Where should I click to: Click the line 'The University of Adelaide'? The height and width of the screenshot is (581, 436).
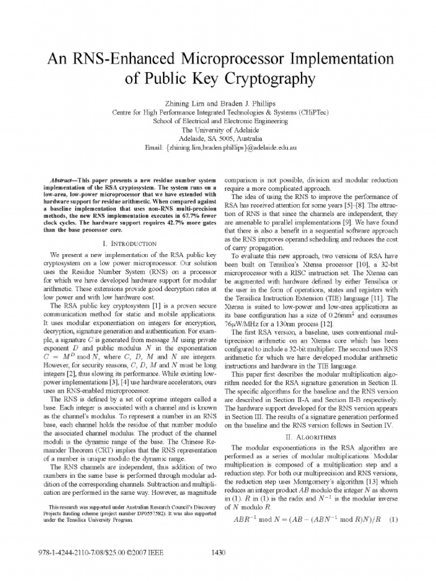pos(217,129)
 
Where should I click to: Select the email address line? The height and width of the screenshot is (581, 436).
pos(217,148)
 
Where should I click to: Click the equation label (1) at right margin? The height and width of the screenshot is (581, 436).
pos(390,519)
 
